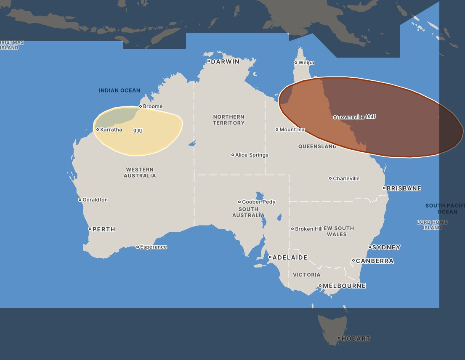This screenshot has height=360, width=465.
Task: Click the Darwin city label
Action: coord(225,61)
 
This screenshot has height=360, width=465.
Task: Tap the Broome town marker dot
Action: coord(141,106)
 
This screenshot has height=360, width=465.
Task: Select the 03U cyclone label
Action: coord(138,131)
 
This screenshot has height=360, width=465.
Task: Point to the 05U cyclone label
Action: coord(371,116)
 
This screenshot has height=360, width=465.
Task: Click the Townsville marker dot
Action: coord(335,117)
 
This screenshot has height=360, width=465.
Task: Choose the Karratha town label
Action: coord(111,130)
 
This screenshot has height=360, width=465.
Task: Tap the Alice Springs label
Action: coord(252,155)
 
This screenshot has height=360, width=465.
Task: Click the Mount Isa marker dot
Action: coord(277,130)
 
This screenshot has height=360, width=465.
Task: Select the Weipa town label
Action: coord(306,63)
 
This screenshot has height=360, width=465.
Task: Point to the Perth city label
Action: coord(104,229)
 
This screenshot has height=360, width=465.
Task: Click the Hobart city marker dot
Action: coord(339,338)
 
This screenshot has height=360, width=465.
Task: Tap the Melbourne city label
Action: coord(344,286)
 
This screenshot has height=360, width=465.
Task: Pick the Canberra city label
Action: coord(375,261)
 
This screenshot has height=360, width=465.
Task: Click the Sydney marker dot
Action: coord(370,247)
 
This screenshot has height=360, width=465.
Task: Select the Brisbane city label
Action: coord(404,188)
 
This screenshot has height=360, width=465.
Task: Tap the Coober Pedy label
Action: coord(259,202)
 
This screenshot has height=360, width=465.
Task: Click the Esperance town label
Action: coord(154,247)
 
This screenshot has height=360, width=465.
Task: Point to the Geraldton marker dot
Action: coord(80,200)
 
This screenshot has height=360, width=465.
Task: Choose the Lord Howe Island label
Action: coord(432,225)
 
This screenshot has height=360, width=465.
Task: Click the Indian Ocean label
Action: coord(120,90)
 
